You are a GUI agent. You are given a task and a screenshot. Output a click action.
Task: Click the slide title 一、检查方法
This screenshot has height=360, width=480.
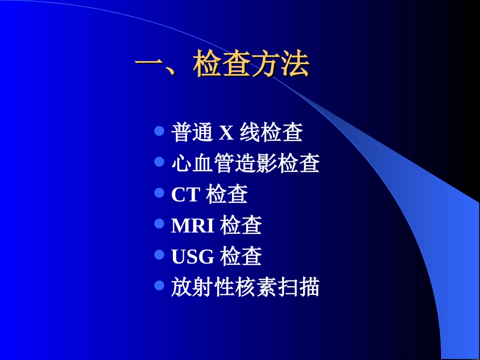[222, 66]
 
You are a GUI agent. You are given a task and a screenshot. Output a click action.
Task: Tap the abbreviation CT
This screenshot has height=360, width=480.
[186, 195]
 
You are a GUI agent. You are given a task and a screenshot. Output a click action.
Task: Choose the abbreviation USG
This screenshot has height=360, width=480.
[193, 257]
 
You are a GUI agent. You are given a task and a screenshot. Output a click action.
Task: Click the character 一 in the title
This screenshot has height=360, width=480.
[150, 66]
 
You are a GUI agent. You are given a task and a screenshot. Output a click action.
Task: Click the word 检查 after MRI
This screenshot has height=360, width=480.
[241, 226]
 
